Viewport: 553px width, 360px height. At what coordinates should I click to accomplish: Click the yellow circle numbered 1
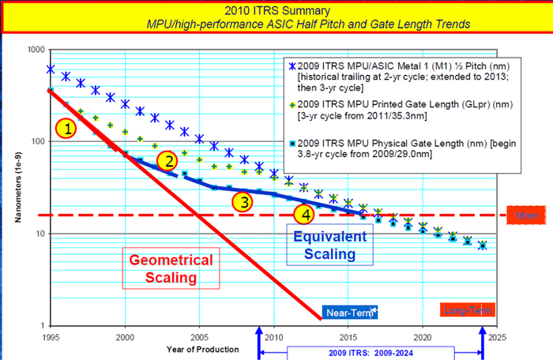[x=69, y=127]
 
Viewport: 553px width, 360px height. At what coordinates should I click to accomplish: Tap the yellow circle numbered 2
[x=167, y=162]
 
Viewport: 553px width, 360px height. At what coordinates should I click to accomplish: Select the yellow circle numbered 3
[x=244, y=201]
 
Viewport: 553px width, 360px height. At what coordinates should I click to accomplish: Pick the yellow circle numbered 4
[x=305, y=214]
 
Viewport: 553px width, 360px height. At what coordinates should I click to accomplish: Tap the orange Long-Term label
[x=465, y=311]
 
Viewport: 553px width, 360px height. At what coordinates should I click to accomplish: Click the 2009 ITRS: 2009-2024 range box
[x=369, y=351]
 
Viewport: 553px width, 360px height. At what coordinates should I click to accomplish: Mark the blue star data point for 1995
[x=51, y=69]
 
